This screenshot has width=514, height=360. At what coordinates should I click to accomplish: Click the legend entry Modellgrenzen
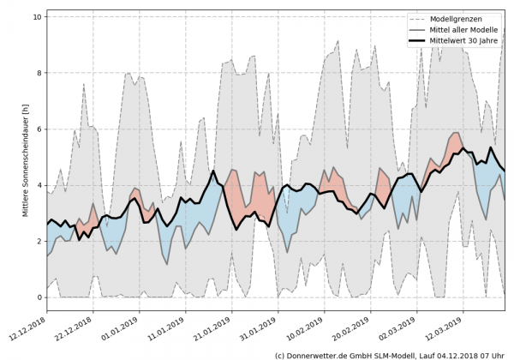pos(454,18)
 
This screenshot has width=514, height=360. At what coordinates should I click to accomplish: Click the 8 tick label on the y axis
pos(39,73)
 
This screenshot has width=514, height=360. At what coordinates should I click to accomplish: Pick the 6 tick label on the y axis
pos(39,129)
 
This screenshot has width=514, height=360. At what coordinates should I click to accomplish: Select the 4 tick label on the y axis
pos(39,185)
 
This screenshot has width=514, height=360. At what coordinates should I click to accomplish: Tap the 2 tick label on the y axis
pos(39,241)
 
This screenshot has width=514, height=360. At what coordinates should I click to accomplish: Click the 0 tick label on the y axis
pos(39,297)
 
